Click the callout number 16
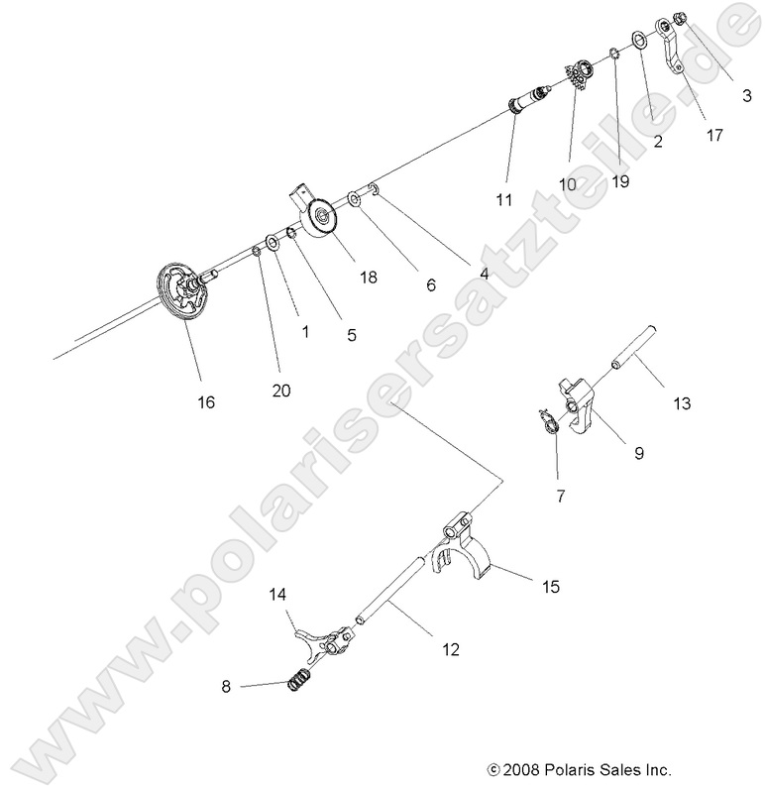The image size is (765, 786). [206, 401]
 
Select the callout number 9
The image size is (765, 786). [639, 453]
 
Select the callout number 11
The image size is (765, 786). [505, 199]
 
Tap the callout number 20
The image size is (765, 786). [281, 391]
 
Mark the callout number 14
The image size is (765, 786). [278, 595]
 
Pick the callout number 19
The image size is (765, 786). [621, 181]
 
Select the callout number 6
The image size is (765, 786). [430, 284]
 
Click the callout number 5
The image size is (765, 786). [352, 335]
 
